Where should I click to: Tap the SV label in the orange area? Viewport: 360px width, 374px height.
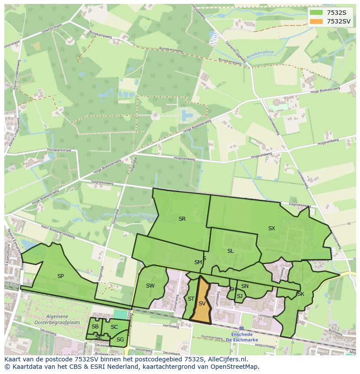[x=202, y=304]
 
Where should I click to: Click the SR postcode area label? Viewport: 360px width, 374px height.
[x=182, y=219]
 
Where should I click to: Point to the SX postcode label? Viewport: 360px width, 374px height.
[x=271, y=228]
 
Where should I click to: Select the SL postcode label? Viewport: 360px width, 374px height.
[x=230, y=251]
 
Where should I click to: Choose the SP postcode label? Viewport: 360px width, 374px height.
[x=60, y=276]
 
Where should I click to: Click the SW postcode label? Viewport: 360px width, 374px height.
[x=150, y=285]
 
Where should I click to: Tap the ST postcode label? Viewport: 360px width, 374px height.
[x=191, y=298]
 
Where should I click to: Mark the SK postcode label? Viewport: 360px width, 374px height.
[x=300, y=294]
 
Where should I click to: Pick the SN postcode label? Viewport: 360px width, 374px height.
[x=245, y=286]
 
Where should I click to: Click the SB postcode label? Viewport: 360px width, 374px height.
[x=95, y=327]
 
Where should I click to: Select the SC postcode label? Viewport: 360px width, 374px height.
[x=114, y=327]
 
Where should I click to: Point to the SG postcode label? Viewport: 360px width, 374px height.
[x=120, y=339]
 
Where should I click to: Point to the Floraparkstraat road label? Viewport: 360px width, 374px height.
[x=60, y=149]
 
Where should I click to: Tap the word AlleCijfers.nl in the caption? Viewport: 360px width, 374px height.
[x=226, y=359]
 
